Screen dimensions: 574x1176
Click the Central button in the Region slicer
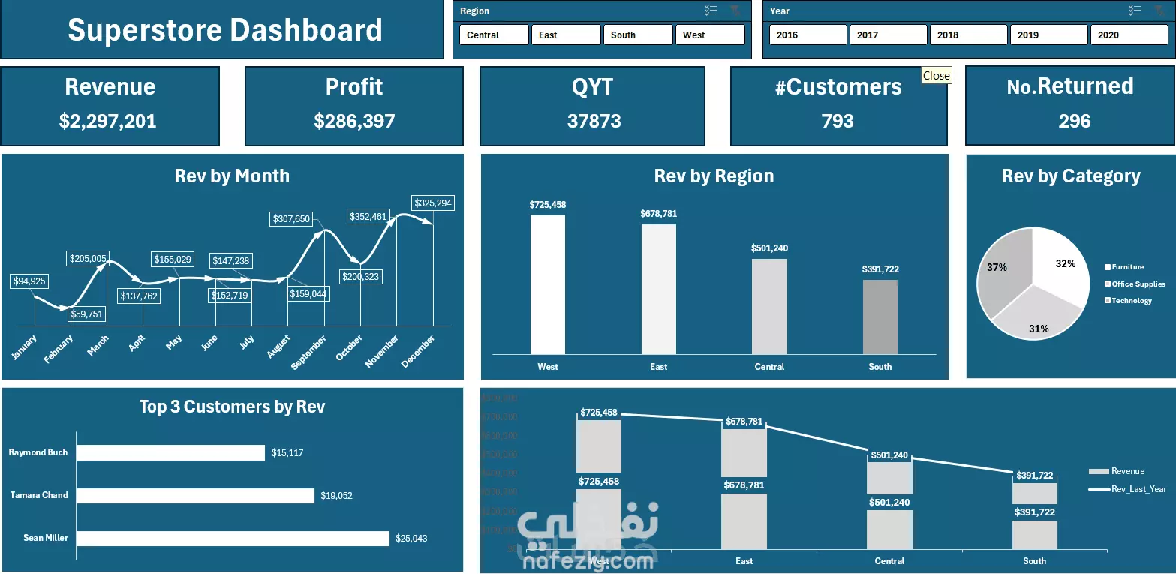pyautogui.click(x=494, y=35)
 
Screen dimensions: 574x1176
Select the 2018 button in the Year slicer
pyautogui.click(x=968, y=35)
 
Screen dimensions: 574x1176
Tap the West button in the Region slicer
pyautogui.click(x=709, y=35)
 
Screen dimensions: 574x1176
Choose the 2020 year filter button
pyautogui.click(x=1128, y=35)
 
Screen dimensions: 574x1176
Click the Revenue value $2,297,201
pyautogui.click(x=108, y=122)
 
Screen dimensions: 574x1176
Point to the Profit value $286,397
pyautogui.click(x=354, y=122)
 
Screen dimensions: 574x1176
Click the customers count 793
pyautogui.click(x=838, y=122)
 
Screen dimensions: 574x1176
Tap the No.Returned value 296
pyautogui.click(x=1074, y=122)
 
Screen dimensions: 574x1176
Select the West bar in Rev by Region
pyautogui.click(x=548, y=284)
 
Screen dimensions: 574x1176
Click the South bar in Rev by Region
pyautogui.click(x=880, y=317)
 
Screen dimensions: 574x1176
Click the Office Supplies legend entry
pyautogui.click(x=1138, y=284)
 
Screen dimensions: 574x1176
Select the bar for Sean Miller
pyautogui.click(x=233, y=539)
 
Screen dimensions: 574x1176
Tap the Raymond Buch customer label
pyautogui.click(x=38, y=452)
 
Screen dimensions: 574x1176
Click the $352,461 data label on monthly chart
pyautogui.click(x=368, y=217)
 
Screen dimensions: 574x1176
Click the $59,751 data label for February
pyautogui.click(x=86, y=314)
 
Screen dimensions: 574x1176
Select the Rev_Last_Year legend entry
pyautogui.click(x=1138, y=489)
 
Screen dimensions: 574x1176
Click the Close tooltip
pyautogui.click(x=936, y=75)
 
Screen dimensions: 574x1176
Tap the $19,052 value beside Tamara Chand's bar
pyautogui.click(x=336, y=496)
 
